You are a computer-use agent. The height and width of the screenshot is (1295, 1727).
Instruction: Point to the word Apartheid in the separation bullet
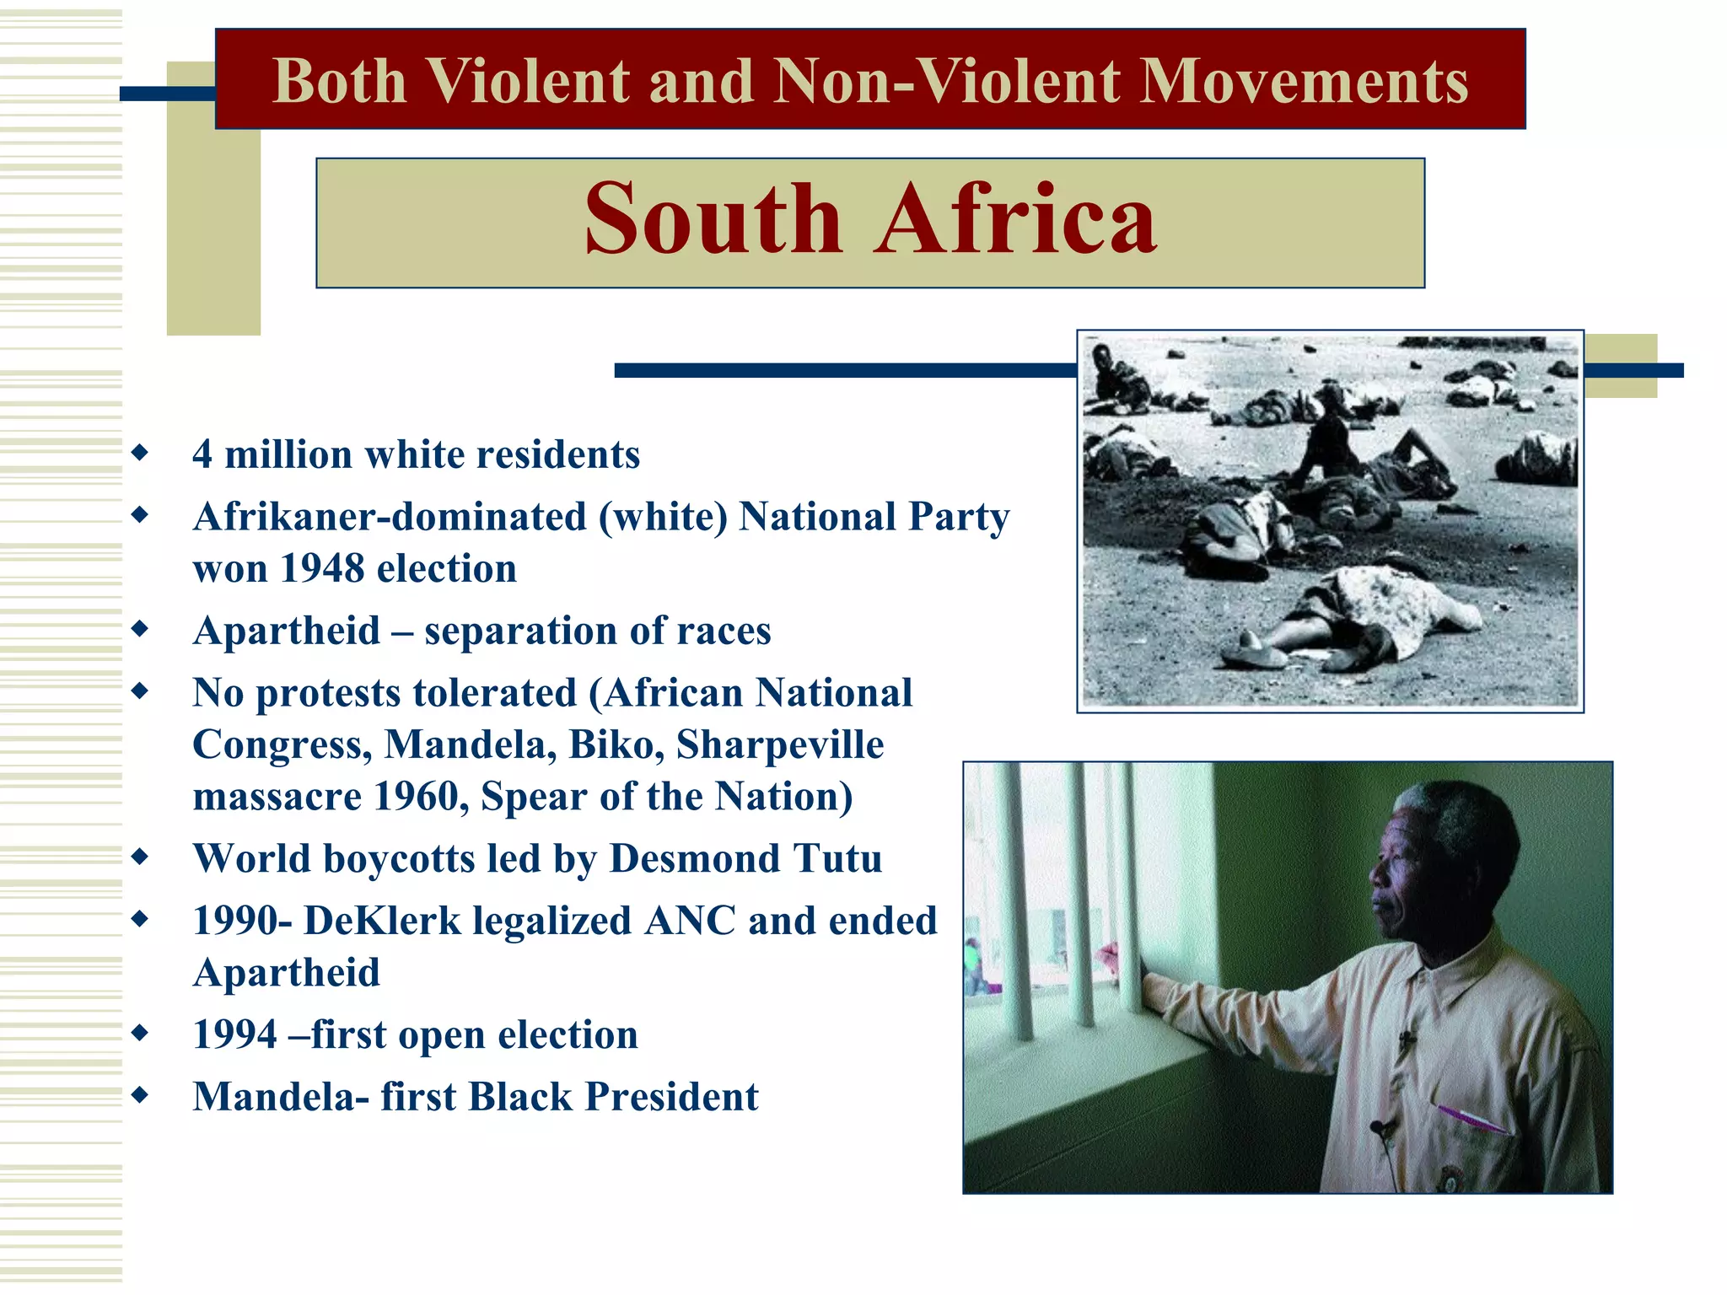click(287, 631)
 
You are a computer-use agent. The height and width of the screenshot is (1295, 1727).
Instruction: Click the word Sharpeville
click(780, 744)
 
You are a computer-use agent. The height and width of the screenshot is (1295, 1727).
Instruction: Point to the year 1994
click(234, 1035)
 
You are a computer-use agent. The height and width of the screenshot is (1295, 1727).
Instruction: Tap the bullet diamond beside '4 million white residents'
click(141, 453)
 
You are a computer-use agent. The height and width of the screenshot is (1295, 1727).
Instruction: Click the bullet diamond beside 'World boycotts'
click(141, 857)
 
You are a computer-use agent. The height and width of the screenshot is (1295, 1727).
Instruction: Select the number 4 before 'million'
click(202, 454)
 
